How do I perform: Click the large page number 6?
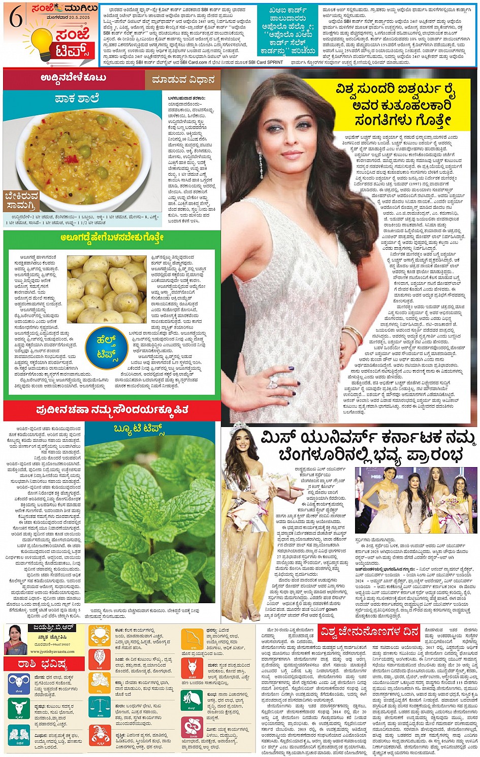(x=16, y=19)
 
